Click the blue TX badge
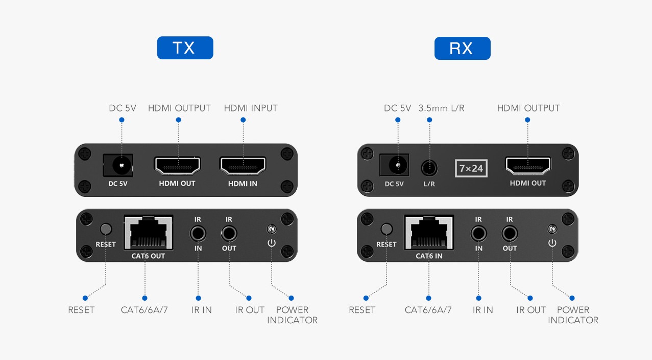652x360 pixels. (x=185, y=48)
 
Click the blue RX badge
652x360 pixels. (x=462, y=48)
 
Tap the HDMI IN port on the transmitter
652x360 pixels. (x=243, y=166)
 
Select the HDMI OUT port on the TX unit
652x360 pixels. (x=177, y=166)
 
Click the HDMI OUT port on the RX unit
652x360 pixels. (x=528, y=166)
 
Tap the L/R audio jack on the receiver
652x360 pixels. (x=429, y=167)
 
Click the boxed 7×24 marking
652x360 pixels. (x=471, y=168)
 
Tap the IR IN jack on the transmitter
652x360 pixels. (x=198, y=234)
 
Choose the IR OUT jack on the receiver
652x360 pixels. (x=510, y=234)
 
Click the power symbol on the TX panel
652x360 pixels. (x=271, y=242)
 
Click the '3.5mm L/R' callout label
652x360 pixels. (x=441, y=108)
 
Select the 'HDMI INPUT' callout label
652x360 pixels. (x=251, y=108)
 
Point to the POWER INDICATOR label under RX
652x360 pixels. (x=573, y=315)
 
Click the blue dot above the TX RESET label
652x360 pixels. (x=85, y=298)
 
